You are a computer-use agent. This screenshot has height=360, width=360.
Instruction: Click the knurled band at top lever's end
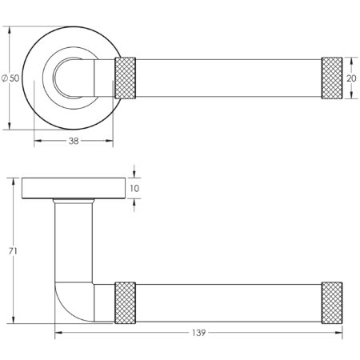[331, 78]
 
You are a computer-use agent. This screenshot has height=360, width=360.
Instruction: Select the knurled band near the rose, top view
[127, 78]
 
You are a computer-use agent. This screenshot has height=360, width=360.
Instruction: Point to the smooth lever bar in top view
[229, 78]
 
